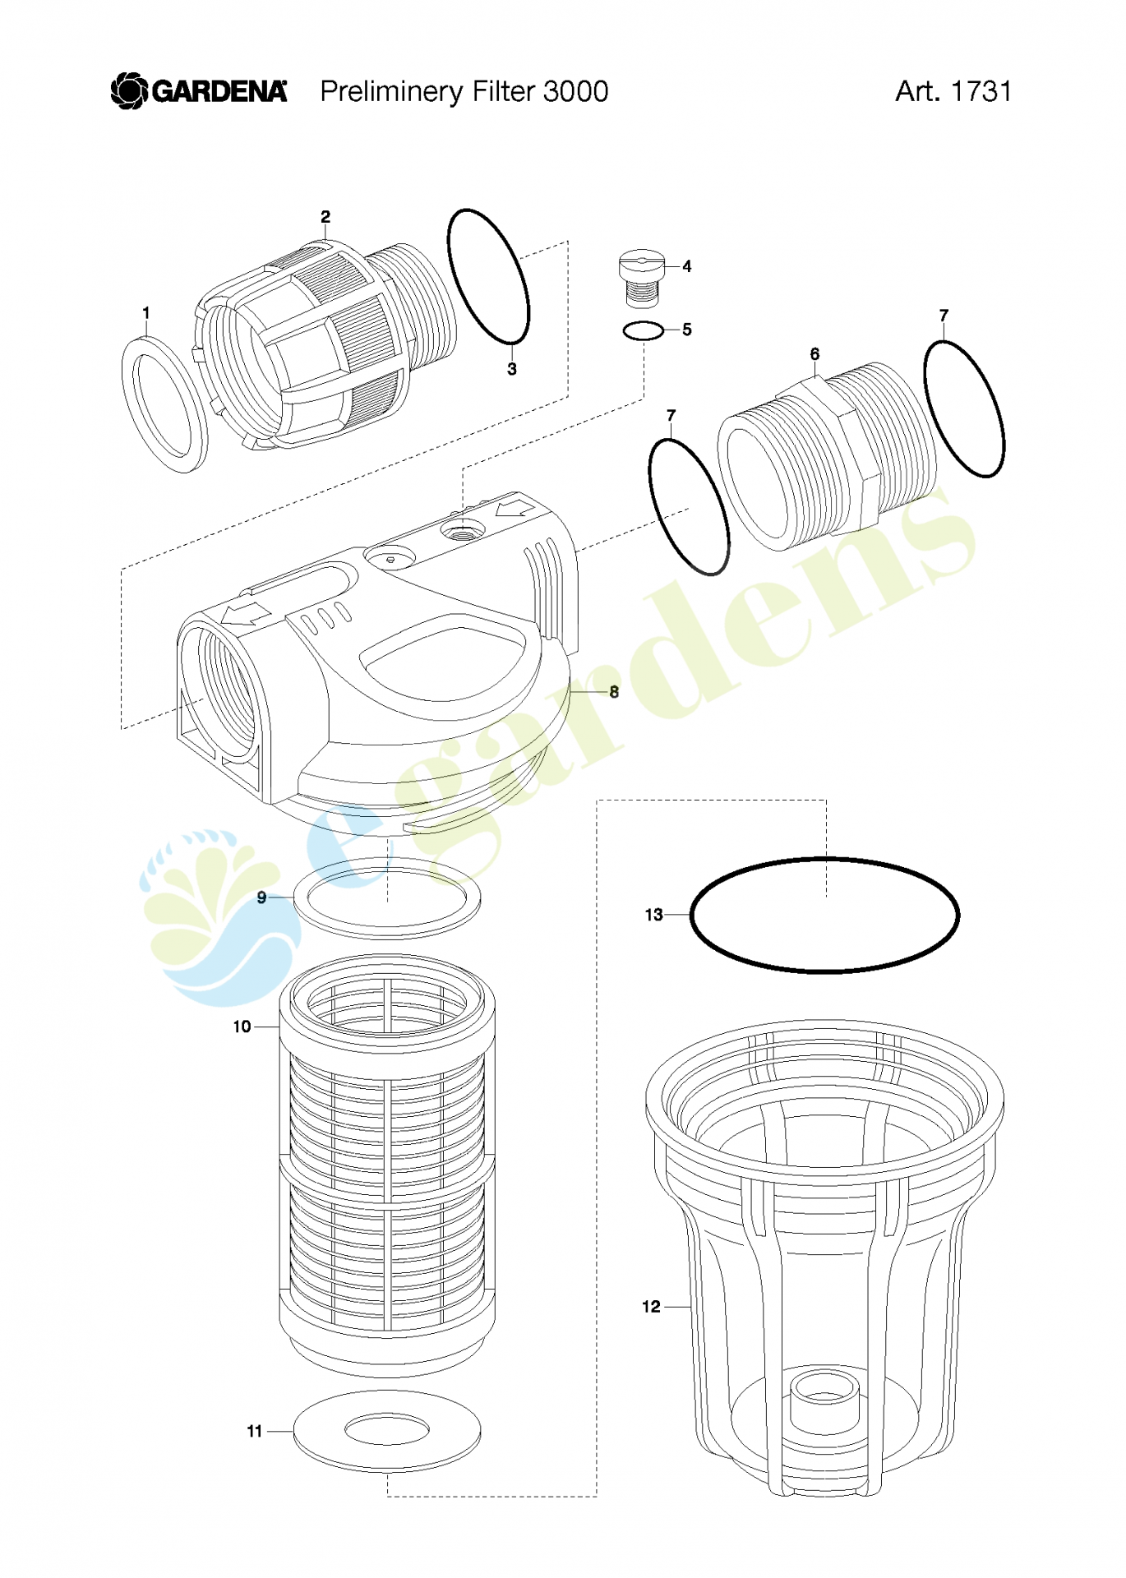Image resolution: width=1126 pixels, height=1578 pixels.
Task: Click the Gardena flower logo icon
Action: (129, 90)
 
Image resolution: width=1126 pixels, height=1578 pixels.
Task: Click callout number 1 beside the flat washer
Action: (146, 313)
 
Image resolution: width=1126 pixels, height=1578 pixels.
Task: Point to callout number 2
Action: (325, 217)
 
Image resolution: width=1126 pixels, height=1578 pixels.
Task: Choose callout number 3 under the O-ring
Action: (512, 369)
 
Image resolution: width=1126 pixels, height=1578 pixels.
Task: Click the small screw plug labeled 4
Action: (641, 278)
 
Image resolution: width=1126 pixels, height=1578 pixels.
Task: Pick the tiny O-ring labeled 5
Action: (644, 330)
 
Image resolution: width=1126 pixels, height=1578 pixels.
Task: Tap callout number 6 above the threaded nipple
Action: (815, 354)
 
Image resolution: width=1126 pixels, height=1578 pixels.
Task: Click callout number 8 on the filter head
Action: (614, 692)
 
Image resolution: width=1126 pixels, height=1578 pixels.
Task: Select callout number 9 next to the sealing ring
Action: (261, 897)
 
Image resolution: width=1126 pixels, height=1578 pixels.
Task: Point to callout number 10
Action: (242, 1027)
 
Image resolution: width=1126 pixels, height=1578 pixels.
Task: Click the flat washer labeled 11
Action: (386, 1431)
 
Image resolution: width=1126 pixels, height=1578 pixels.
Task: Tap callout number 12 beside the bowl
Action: (651, 1307)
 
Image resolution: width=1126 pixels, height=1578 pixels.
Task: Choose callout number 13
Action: (653, 915)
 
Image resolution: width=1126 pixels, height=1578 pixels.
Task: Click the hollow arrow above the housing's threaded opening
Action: (247, 613)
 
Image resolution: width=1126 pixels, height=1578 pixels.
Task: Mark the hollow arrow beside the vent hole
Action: (515, 505)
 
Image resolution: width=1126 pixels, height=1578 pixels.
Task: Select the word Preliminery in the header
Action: (391, 92)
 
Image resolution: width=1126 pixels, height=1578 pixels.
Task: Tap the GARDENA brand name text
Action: (220, 91)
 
